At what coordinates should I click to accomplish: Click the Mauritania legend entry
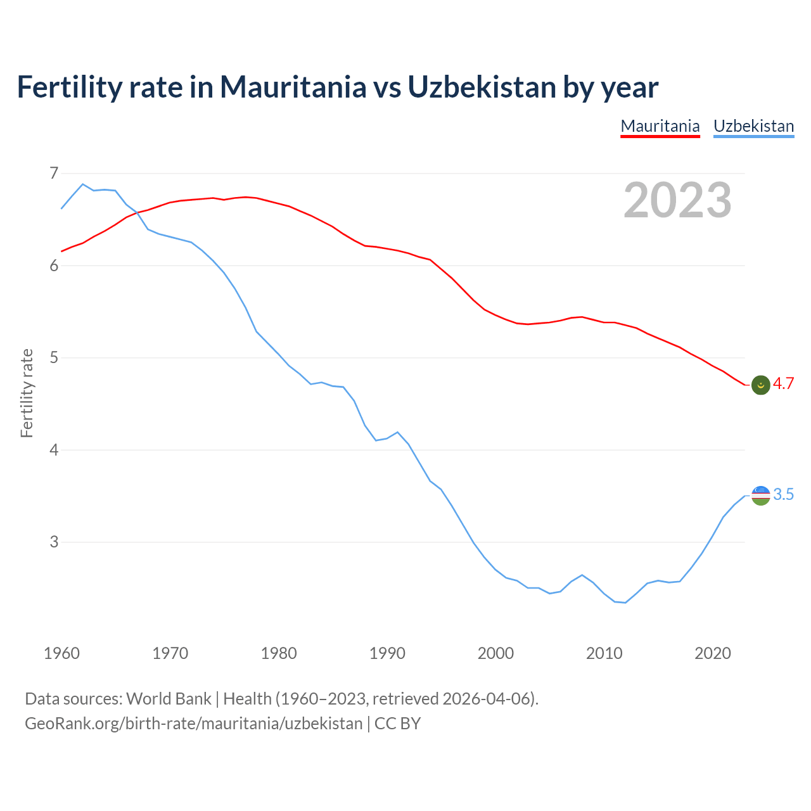pos(660,126)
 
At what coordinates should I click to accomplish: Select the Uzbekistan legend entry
pos(753,126)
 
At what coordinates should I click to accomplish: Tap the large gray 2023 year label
pos(677,200)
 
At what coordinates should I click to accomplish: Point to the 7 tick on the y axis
pos(53,173)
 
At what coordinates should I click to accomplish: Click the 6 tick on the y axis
pos(53,265)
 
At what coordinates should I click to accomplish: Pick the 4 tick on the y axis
pos(53,450)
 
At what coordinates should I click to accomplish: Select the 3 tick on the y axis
pos(53,542)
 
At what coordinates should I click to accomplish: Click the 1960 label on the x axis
pos(61,653)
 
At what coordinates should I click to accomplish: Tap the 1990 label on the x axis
pos(387,653)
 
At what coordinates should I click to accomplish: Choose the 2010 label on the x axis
pos(604,653)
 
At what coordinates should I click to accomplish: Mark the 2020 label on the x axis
pos(713,653)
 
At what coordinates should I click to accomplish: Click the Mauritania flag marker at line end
pos(760,385)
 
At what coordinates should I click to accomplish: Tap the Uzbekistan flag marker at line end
pos(760,495)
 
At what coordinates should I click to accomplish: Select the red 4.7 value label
pos(783,384)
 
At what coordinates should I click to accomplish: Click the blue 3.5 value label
pos(783,495)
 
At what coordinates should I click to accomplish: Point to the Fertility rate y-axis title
pos(27,393)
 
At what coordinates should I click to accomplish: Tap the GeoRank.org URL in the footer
pos(193,724)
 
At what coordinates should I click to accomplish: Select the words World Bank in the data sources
pos(169,699)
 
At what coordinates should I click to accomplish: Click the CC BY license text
pos(397,724)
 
